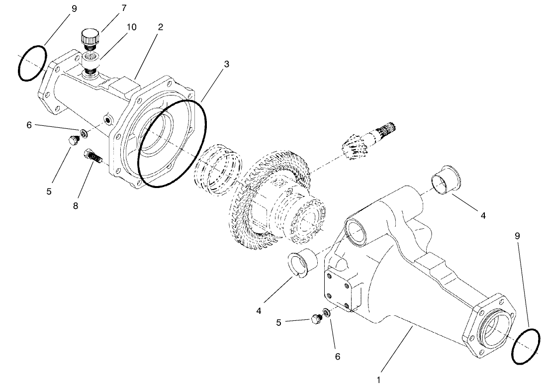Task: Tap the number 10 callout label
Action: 131,27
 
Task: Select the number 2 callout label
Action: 160,27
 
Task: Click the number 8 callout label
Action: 76,205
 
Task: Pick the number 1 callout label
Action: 379,380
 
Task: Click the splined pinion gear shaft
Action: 370,139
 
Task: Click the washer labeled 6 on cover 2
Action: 84,133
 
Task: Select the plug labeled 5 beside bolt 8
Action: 74,142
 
